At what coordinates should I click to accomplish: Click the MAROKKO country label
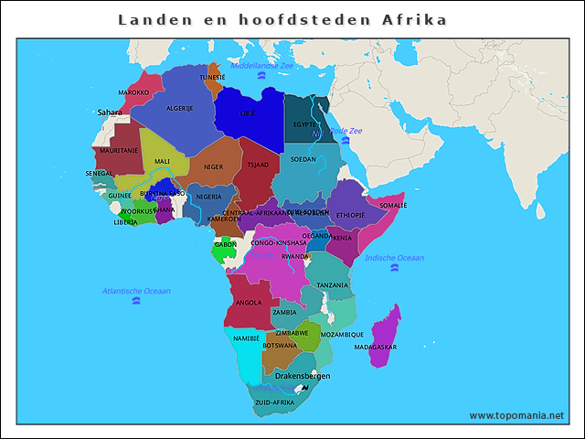pyautogui.click(x=133, y=92)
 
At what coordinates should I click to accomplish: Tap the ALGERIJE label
pyautogui.click(x=179, y=108)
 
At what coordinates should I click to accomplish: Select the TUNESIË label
pyautogui.click(x=212, y=78)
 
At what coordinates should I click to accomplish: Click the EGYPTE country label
pyautogui.click(x=305, y=124)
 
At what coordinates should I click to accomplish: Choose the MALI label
pyautogui.click(x=162, y=161)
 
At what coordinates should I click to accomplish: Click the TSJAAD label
pyautogui.click(x=258, y=165)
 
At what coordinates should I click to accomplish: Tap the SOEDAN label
pyautogui.click(x=303, y=159)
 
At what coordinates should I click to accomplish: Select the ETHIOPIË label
pyautogui.click(x=350, y=215)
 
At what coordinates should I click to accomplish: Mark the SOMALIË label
pyautogui.click(x=393, y=206)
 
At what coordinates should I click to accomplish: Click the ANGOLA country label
pyautogui.click(x=249, y=302)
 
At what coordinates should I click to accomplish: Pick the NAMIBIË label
pyautogui.click(x=246, y=338)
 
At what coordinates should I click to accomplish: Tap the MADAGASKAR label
pyautogui.click(x=375, y=348)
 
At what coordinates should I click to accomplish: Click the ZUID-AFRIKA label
pyautogui.click(x=274, y=402)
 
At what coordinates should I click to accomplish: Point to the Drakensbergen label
pyautogui.click(x=303, y=376)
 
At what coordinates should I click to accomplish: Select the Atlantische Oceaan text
pyautogui.click(x=136, y=291)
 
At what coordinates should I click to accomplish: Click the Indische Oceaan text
pyautogui.click(x=394, y=258)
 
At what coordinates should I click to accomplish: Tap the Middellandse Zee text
pyautogui.click(x=262, y=66)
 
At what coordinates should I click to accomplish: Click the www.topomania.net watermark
pyautogui.click(x=516, y=415)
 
